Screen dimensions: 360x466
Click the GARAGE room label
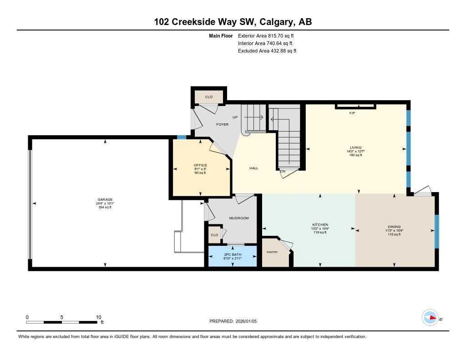pos(105,199)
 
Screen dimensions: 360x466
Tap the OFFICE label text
pos(200,165)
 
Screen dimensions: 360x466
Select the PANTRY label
pos(272,252)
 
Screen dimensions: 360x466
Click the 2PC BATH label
pos(233,254)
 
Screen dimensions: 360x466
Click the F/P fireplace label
pos(352,112)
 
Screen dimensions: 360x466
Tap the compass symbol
pos(430,318)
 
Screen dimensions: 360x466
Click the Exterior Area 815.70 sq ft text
pos(269,35)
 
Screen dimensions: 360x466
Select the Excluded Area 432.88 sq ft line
pos(267,51)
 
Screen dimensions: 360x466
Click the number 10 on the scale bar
pos(98,317)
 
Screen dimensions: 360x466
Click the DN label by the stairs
pos(283,172)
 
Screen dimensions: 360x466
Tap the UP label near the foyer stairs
pos(235,117)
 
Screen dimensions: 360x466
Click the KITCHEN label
pos(320,225)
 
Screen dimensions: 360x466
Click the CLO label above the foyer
pos(208,97)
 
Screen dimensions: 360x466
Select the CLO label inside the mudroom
pos(214,235)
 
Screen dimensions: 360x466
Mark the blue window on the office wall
pos(182,137)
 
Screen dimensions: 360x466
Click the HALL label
pos(254,168)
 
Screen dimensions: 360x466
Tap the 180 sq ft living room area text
pos(355,155)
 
